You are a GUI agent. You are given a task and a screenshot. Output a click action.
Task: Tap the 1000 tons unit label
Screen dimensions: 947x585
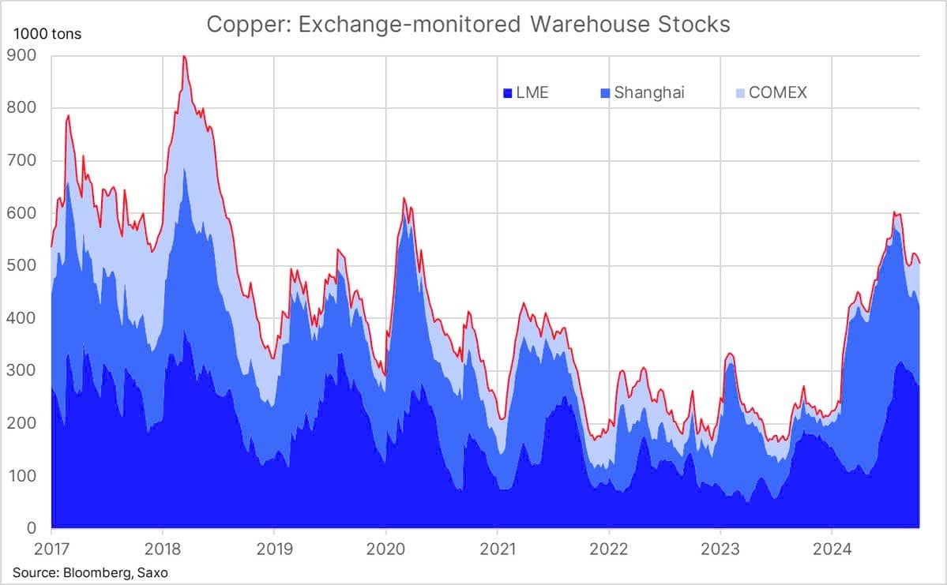pyautogui.click(x=47, y=34)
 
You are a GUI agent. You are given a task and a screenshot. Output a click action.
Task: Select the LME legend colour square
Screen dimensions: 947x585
pyautogui.click(x=508, y=93)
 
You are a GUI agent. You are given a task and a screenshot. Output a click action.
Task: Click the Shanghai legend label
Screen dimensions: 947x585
pyautogui.click(x=649, y=92)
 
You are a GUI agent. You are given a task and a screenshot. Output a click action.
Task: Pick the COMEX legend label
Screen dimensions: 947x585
pyautogui.click(x=778, y=92)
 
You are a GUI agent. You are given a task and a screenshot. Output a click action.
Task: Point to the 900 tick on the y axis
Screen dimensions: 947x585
pyautogui.click(x=21, y=55)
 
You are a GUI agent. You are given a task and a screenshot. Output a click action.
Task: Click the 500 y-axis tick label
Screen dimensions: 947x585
pyautogui.click(x=21, y=265)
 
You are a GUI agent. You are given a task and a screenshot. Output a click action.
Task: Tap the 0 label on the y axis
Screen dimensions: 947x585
pyautogui.click(x=32, y=527)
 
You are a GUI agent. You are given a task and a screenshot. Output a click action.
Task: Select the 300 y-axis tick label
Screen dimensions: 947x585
pyautogui.click(x=21, y=370)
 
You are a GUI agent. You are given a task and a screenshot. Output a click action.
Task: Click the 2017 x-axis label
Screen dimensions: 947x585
pyautogui.click(x=51, y=549)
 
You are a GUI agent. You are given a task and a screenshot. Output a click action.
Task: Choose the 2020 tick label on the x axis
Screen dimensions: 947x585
pyautogui.click(x=386, y=549)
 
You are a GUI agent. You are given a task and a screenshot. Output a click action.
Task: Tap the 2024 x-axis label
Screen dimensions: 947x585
pyautogui.click(x=832, y=549)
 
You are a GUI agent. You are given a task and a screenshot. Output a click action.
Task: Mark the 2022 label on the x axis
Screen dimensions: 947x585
pyautogui.click(x=609, y=549)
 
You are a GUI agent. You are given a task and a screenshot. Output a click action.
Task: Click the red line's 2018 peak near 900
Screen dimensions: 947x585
pyautogui.click(x=184, y=56)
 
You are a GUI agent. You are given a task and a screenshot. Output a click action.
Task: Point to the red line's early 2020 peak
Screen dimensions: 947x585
pyautogui.click(x=404, y=198)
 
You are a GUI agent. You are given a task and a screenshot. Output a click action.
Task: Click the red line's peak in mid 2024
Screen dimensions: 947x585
pyautogui.click(x=894, y=212)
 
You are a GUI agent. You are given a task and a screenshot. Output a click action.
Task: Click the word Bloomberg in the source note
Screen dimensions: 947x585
pyautogui.click(x=97, y=572)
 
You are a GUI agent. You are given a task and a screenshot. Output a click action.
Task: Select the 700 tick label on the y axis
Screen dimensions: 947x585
pyautogui.click(x=21, y=160)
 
